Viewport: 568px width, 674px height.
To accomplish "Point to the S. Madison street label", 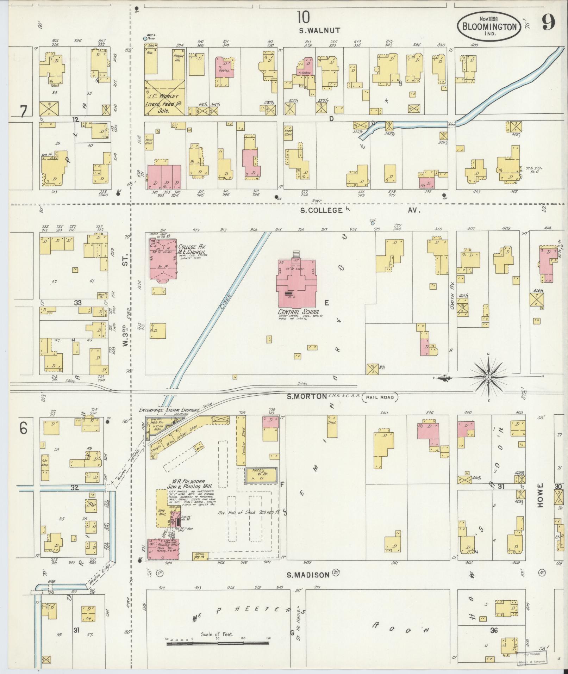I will click(308, 575).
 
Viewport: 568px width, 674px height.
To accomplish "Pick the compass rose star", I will click(488, 377).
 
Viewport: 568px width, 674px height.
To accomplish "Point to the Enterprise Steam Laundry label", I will click(169, 410).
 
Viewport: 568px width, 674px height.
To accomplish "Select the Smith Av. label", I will click(452, 300).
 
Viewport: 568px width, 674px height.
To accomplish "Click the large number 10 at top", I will click(303, 17).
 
